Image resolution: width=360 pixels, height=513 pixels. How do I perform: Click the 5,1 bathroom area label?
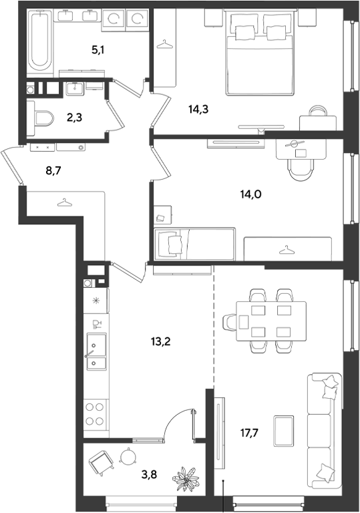click(x=98, y=50)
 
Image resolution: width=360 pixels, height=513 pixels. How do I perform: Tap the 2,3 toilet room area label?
click(x=74, y=118)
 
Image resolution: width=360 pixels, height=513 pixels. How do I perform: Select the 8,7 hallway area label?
click(x=53, y=170)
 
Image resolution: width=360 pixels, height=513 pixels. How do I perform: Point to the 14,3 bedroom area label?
click(x=198, y=110)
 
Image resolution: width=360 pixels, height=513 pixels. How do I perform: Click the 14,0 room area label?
click(x=251, y=194)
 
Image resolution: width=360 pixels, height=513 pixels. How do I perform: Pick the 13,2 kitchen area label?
click(x=161, y=342)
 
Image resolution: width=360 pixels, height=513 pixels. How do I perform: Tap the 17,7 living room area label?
click(x=249, y=433)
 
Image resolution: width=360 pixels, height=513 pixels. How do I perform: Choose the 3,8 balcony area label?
click(x=149, y=474)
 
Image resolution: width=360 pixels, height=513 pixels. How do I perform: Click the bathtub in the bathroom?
click(x=40, y=43)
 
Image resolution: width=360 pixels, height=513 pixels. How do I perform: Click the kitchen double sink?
click(x=97, y=351)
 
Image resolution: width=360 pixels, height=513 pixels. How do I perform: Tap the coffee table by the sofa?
click(x=284, y=431)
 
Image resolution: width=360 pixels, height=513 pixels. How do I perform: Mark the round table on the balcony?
click(x=128, y=456)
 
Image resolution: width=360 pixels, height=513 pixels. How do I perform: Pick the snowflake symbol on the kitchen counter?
click(x=96, y=301)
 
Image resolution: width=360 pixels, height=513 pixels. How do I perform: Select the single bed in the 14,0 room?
click(x=194, y=244)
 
